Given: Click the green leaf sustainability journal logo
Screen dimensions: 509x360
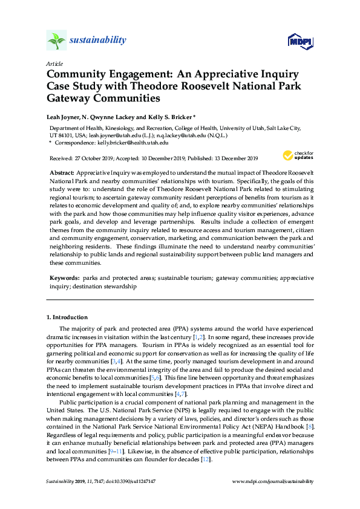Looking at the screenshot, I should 56,41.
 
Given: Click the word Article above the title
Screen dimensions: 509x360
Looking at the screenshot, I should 54,63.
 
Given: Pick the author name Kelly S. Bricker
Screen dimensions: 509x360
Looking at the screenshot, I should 171,116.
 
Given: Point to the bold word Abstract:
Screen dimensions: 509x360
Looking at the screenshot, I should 62,173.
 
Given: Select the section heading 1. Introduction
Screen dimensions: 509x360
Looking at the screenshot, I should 67,317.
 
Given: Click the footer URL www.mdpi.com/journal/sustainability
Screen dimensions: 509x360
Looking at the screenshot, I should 273,481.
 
